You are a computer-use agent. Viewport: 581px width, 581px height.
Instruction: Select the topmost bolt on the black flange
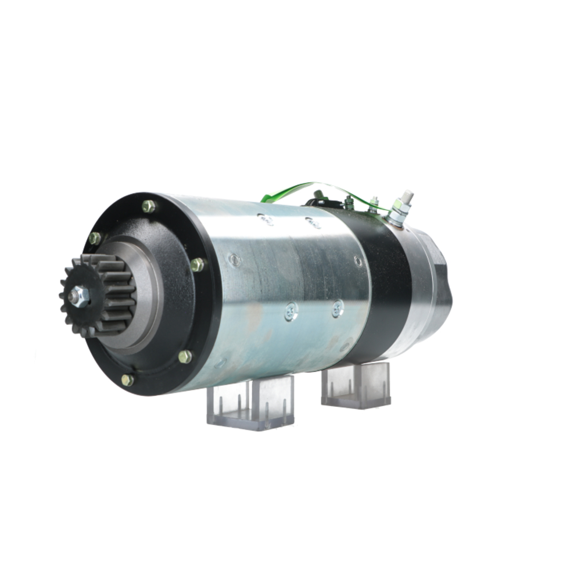(149, 206)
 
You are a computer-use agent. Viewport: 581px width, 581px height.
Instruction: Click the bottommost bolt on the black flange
(127, 380)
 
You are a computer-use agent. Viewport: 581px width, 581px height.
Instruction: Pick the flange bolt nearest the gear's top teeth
(95, 238)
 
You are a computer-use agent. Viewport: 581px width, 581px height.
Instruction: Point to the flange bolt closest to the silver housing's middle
(198, 265)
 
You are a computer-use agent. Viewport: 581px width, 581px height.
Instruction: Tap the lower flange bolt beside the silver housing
(185, 356)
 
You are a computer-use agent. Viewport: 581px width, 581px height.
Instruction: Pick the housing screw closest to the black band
(358, 261)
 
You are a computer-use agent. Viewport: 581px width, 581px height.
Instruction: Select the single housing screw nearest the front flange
(234, 260)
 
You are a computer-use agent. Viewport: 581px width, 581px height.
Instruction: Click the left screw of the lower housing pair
(290, 312)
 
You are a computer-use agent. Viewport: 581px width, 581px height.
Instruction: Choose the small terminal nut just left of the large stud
(373, 203)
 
